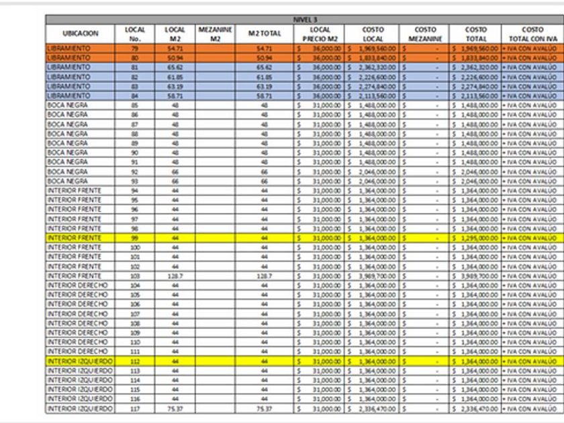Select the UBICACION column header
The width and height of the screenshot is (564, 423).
(x=81, y=34)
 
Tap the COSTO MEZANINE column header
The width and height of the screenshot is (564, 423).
(x=425, y=34)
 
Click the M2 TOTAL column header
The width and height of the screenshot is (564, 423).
(x=264, y=34)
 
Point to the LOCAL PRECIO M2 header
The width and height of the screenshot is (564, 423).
(x=319, y=34)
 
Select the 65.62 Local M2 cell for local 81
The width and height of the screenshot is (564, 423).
(x=175, y=67)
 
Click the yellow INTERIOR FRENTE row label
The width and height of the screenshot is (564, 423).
(x=75, y=238)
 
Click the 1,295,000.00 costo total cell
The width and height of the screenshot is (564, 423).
(x=476, y=238)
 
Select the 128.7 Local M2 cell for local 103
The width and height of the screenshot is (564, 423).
(x=175, y=275)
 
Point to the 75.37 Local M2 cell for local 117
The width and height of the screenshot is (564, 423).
(x=175, y=408)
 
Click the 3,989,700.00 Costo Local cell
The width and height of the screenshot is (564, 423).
(x=371, y=275)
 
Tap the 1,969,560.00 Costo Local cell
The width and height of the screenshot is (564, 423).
(x=371, y=48)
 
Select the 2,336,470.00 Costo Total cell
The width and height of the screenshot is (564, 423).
(x=476, y=408)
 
